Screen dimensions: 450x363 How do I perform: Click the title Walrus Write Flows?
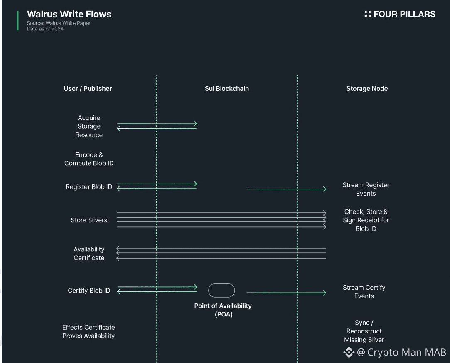click(x=69, y=14)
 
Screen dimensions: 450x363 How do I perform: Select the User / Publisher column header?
click(x=88, y=88)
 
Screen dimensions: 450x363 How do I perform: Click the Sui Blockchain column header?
click(x=227, y=88)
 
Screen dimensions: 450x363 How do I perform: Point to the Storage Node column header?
click(x=367, y=88)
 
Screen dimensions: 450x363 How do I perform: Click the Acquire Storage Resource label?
click(x=89, y=126)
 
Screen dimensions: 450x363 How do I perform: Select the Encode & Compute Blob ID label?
click(x=89, y=159)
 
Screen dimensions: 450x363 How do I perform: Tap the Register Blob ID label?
click(x=89, y=187)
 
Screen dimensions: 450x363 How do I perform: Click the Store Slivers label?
click(x=89, y=220)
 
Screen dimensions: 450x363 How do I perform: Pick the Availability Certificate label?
click(x=89, y=254)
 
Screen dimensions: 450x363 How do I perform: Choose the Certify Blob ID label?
click(x=89, y=291)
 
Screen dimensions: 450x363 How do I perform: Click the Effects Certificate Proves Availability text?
click(x=89, y=332)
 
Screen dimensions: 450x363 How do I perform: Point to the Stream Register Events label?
click(x=366, y=189)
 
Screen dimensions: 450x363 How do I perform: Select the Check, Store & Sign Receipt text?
click(x=366, y=220)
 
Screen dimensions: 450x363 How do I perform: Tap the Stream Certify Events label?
click(x=364, y=292)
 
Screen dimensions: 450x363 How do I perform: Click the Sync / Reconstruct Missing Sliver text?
click(x=364, y=331)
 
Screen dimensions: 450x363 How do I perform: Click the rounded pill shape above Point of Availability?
click(x=221, y=291)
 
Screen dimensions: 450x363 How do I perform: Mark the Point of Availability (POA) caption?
click(x=223, y=310)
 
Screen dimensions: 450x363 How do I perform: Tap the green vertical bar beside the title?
click(x=17, y=21)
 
